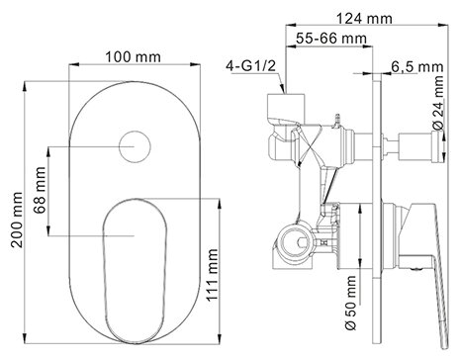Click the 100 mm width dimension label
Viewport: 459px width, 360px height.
click(x=133, y=57)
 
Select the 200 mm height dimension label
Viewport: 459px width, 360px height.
click(x=17, y=220)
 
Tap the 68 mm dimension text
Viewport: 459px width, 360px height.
click(x=41, y=191)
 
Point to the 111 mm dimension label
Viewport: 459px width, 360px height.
click(x=213, y=275)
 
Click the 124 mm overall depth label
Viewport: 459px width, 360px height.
click(x=364, y=19)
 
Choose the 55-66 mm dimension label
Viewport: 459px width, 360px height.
click(x=331, y=39)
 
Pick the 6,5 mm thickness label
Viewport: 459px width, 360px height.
click(x=417, y=67)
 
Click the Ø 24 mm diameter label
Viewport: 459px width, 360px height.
click(x=438, y=102)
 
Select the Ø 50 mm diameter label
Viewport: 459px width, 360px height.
click(x=350, y=303)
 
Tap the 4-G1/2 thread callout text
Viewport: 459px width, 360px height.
click(x=250, y=66)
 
